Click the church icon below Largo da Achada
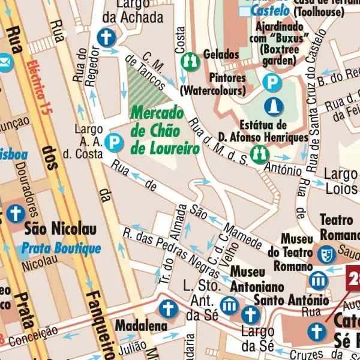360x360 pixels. [106, 37]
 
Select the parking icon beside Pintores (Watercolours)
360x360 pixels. [273, 82]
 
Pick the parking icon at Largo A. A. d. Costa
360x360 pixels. [112, 142]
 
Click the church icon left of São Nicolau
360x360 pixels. [14, 213]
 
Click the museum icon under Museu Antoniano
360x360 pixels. [229, 305]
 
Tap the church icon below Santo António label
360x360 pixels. [250, 314]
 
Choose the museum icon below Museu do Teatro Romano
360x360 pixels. [318, 280]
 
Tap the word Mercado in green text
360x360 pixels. [157, 112]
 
